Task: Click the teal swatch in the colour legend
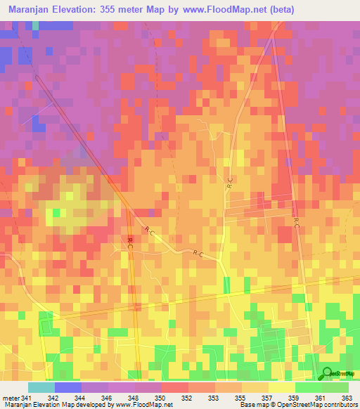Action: [41, 387]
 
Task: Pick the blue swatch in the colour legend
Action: [68, 387]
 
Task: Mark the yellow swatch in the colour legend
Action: [282, 387]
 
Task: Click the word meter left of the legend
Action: [10, 398]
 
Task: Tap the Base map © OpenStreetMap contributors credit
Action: [297, 405]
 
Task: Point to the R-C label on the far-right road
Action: [296, 224]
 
